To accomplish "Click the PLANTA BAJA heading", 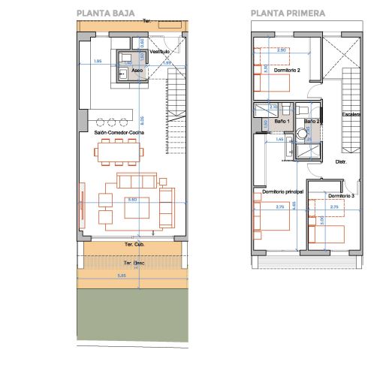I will (x=104, y=13).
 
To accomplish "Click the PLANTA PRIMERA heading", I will (x=288, y=13).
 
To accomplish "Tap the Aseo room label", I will (x=137, y=71).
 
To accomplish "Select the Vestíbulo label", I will (x=159, y=51).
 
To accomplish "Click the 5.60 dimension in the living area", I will (x=132, y=199).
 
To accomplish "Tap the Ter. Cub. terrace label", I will (x=134, y=245).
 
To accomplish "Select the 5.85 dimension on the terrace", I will (x=132, y=276).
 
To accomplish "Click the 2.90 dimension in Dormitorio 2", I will (x=282, y=50).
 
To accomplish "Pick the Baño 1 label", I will (x=282, y=121).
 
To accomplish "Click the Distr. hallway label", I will (x=339, y=161).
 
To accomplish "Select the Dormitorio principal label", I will (x=282, y=191).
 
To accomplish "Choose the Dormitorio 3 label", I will (x=341, y=196).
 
